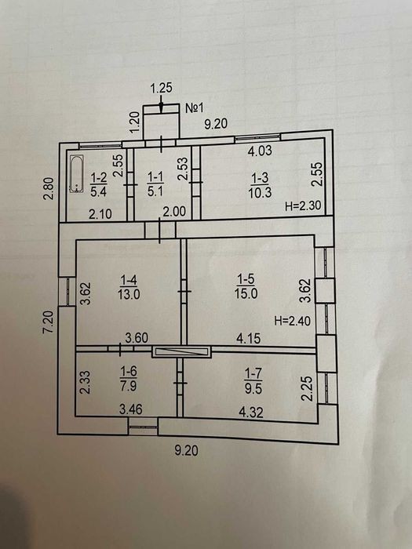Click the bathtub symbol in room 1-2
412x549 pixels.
point(76,173)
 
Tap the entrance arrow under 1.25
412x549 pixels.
point(161,104)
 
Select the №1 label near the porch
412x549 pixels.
point(194,108)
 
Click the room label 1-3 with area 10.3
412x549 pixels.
point(260,185)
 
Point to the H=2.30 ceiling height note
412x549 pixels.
point(303,205)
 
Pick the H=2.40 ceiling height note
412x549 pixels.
point(293,320)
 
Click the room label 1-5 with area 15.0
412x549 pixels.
point(246,286)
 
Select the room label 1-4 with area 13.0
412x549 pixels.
point(129,287)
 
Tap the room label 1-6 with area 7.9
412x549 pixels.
point(128,379)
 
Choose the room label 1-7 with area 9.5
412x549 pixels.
point(253,381)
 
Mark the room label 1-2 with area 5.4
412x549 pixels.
point(98,184)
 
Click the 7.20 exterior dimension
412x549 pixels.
point(49,322)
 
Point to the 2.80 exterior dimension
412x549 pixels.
point(49,189)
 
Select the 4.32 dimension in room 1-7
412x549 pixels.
point(251,412)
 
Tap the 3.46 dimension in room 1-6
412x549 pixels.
point(131,409)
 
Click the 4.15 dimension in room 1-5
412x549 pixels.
point(249,338)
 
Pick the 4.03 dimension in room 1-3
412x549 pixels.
point(260,151)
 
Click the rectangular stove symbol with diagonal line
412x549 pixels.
point(181,351)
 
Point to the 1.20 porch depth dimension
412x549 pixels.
point(135,122)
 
